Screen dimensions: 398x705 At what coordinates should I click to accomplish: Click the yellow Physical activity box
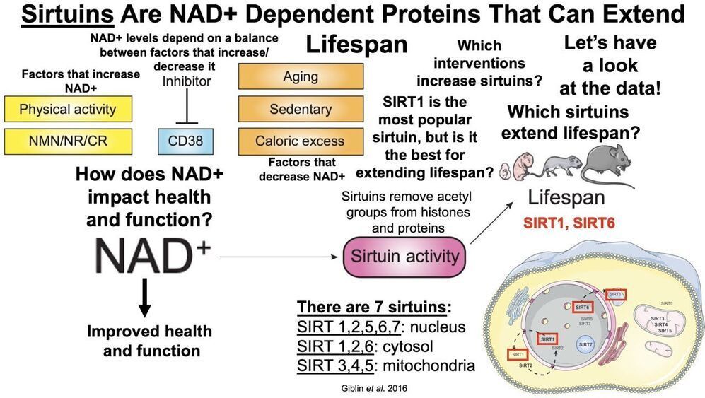pos(68,110)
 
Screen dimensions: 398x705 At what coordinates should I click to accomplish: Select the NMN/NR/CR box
pos(68,141)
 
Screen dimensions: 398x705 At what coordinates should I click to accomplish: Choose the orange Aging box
pos(301,76)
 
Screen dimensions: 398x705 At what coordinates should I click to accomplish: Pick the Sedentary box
pos(301,109)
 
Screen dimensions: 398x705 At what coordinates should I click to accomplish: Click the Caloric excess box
pos(301,141)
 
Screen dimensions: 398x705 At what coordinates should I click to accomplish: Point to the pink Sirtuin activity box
pos(404,256)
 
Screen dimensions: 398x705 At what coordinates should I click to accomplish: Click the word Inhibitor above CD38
pos(187,81)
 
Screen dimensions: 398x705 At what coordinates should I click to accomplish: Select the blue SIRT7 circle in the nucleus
pos(585,345)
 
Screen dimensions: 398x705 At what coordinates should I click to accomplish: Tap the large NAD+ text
pos(149,254)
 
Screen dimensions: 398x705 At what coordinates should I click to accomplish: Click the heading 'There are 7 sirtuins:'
pos(373,308)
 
